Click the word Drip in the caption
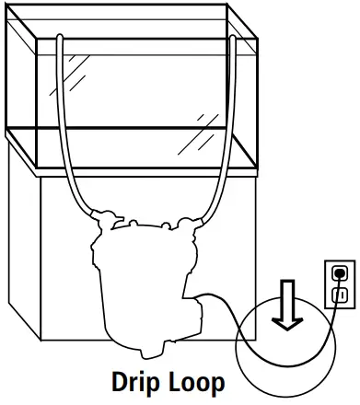(139, 380)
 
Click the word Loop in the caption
(199, 380)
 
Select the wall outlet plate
(339, 283)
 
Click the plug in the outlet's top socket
(339, 272)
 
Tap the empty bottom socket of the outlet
(339, 294)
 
